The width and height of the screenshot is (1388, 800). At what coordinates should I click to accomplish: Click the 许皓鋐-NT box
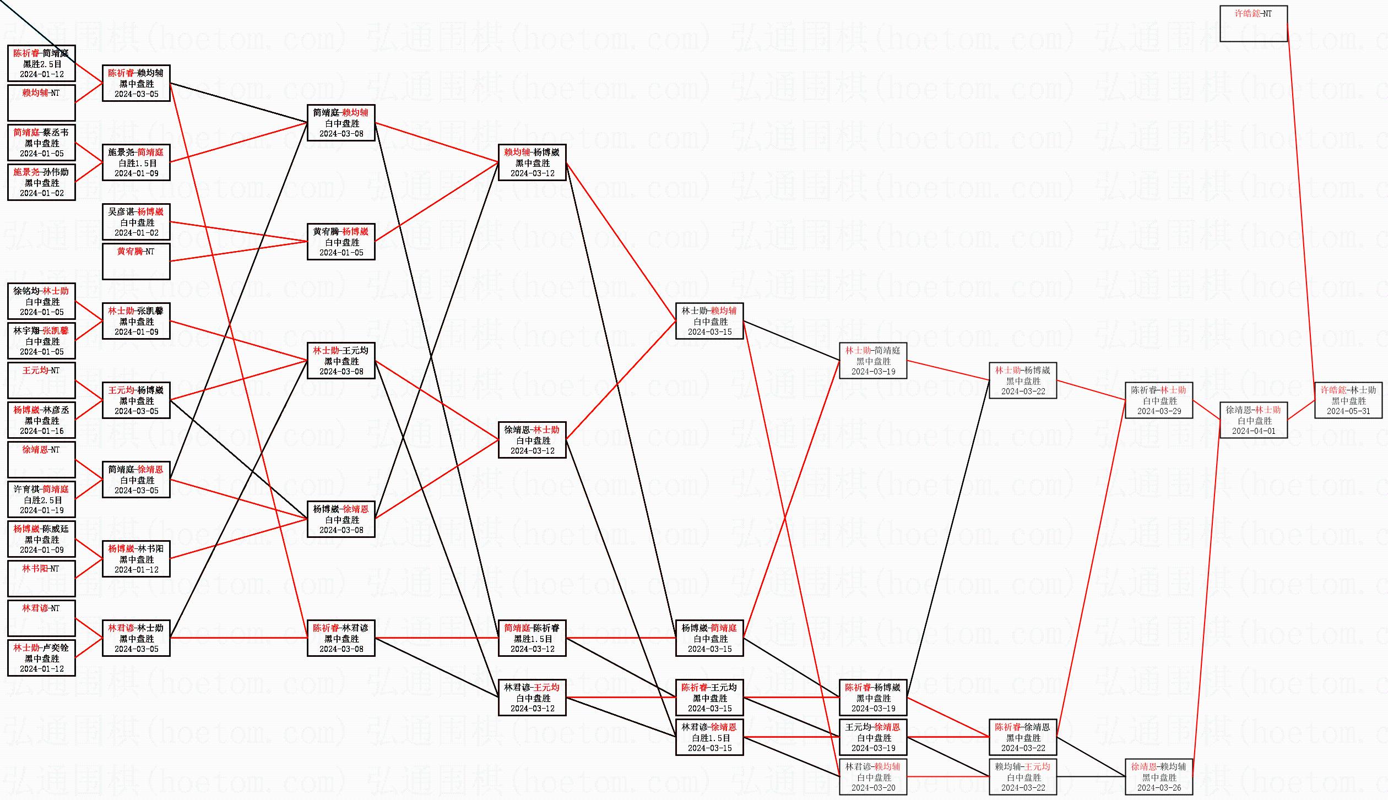click(1253, 24)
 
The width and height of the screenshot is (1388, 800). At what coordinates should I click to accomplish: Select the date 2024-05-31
click(1348, 411)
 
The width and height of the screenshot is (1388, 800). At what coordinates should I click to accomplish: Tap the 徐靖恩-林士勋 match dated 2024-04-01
click(1253, 420)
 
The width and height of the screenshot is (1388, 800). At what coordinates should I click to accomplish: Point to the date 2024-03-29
click(1159, 411)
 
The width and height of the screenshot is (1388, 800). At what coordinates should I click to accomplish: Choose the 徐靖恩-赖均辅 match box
click(1159, 777)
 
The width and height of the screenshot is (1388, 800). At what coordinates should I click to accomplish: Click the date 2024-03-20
click(873, 788)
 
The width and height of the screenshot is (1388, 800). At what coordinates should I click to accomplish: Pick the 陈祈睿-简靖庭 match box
click(41, 63)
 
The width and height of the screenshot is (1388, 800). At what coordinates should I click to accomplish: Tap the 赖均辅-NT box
click(41, 102)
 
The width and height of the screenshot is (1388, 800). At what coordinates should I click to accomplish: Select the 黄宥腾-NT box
click(136, 261)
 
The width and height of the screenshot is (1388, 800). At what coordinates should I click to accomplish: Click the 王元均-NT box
click(41, 380)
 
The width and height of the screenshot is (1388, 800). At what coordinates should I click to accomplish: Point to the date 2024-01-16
click(41, 431)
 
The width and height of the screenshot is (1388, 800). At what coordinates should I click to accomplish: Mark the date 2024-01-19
click(41, 510)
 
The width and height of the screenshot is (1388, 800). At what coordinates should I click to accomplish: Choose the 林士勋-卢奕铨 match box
click(41, 658)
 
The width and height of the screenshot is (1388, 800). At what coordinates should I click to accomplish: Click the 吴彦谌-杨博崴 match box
click(136, 222)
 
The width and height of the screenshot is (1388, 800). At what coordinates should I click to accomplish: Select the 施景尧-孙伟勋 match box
click(41, 182)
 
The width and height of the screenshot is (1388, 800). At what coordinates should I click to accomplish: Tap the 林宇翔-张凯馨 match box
click(41, 341)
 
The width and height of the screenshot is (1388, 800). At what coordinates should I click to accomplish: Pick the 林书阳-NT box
click(41, 578)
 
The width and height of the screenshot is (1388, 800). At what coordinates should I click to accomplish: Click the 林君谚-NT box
click(41, 618)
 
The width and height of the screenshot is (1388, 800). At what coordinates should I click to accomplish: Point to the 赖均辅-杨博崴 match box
click(532, 162)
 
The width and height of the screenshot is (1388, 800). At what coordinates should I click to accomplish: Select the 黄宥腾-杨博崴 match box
click(341, 242)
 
